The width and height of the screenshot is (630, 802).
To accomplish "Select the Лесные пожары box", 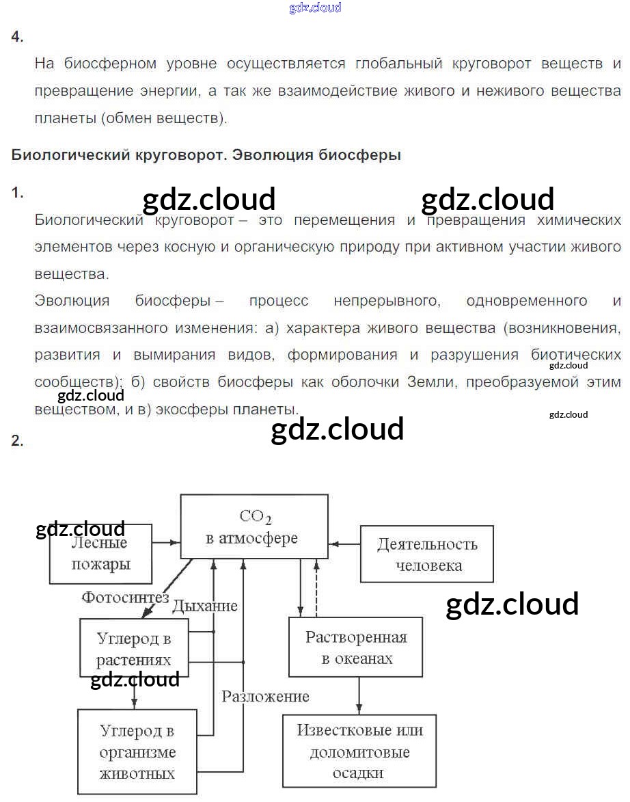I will [100, 554].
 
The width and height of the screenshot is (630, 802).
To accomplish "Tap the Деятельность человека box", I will [426, 554].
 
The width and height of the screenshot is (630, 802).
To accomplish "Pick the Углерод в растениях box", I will [133, 650].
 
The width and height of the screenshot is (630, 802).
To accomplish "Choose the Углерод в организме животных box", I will [137, 752].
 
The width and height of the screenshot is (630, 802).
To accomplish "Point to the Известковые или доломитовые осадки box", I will [359, 751].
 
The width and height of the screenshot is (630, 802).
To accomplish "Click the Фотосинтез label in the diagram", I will [125, 598].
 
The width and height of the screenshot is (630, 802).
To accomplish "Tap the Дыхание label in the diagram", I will [204, 606].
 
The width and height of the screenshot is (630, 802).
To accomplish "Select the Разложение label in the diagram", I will [265, 697].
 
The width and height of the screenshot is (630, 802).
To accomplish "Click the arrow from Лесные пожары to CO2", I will [166, 543].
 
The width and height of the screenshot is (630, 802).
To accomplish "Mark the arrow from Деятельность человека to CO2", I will [344, 545].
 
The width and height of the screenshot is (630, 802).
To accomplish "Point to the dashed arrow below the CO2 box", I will [316, 587].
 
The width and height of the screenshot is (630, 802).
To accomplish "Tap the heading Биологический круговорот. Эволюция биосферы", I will [206, 155].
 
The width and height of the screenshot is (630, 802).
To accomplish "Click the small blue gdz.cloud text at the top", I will [315, 8].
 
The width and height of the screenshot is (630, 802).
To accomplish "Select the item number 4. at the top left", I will [17, 38].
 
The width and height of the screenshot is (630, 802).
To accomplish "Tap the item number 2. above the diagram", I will [17, 441].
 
